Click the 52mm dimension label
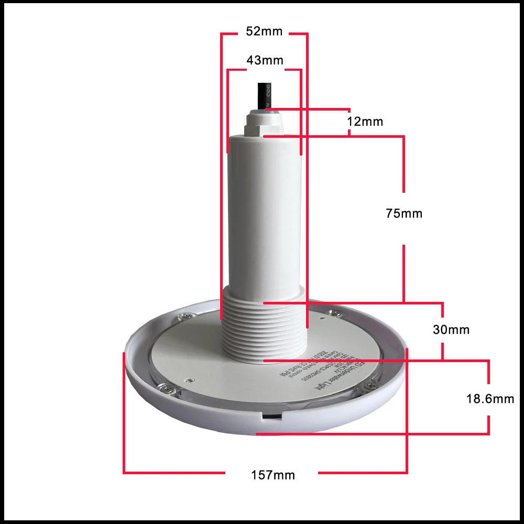point(264,32)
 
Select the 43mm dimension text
point(265,60)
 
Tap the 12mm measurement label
point(365,122)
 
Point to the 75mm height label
point(403,214)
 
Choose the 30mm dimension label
point(451,330)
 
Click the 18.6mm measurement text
point(490,399)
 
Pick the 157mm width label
point(272,475)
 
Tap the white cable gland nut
point(263,124)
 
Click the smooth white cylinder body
point(264,210)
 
